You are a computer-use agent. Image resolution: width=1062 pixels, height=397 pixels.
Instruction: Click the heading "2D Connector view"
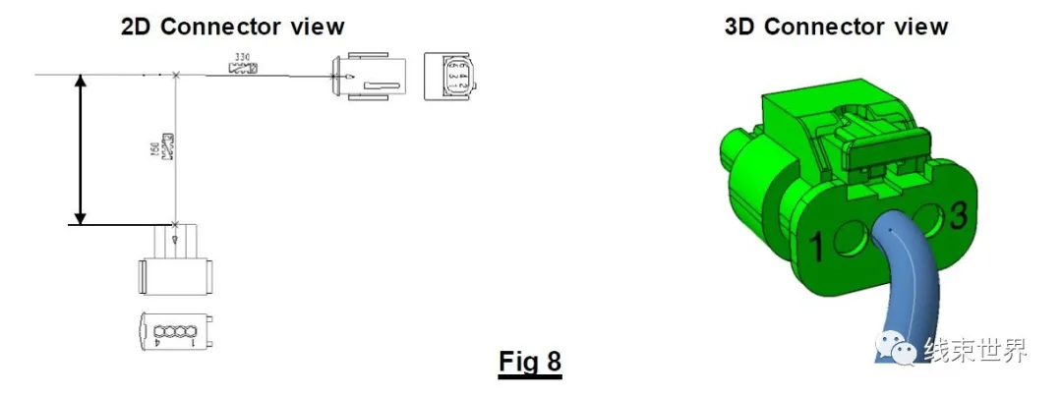point(232,26)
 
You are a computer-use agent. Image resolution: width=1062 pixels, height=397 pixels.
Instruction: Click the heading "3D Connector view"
point(836,26)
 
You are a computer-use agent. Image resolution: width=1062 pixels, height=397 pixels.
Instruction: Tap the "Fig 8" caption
point(529,362)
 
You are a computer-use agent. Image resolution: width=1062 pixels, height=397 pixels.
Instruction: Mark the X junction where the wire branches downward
point(175,76)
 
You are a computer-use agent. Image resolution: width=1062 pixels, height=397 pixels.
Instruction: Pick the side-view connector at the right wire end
point(368,76)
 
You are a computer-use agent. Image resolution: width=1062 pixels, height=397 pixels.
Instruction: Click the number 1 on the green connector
point(815,247)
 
